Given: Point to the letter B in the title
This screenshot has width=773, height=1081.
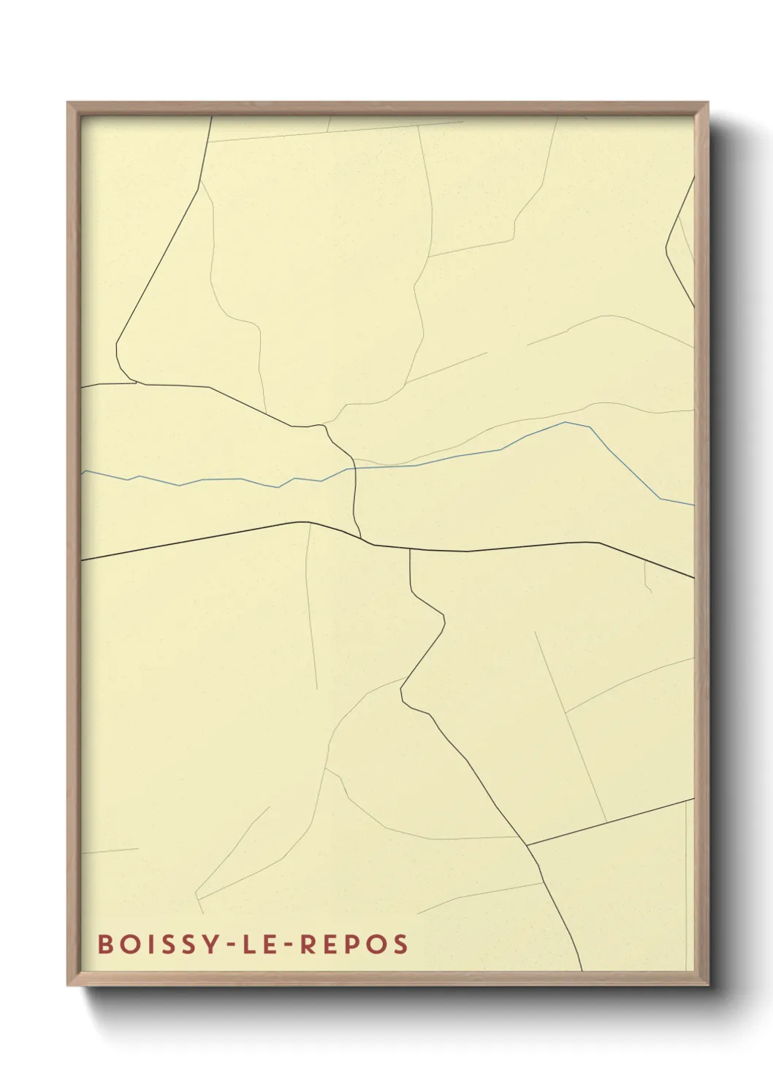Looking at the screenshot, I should [x=104, y=944].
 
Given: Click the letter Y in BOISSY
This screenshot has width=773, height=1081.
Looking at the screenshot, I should [x=208, y=944].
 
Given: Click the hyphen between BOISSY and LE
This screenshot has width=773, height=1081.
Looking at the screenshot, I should [x=226, y=945].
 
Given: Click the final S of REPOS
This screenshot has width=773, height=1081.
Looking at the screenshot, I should [x=400, y=944].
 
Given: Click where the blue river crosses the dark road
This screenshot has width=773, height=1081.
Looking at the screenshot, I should [x=355, y=468].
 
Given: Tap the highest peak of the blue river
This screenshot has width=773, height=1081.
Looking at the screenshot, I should [x=566, y=422].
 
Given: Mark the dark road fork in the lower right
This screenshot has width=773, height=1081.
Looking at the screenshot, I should [x=528, y=846].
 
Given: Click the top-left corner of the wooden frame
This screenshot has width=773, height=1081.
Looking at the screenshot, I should [x=69, y=104].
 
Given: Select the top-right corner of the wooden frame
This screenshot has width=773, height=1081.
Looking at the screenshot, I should [x=707, y=104].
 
